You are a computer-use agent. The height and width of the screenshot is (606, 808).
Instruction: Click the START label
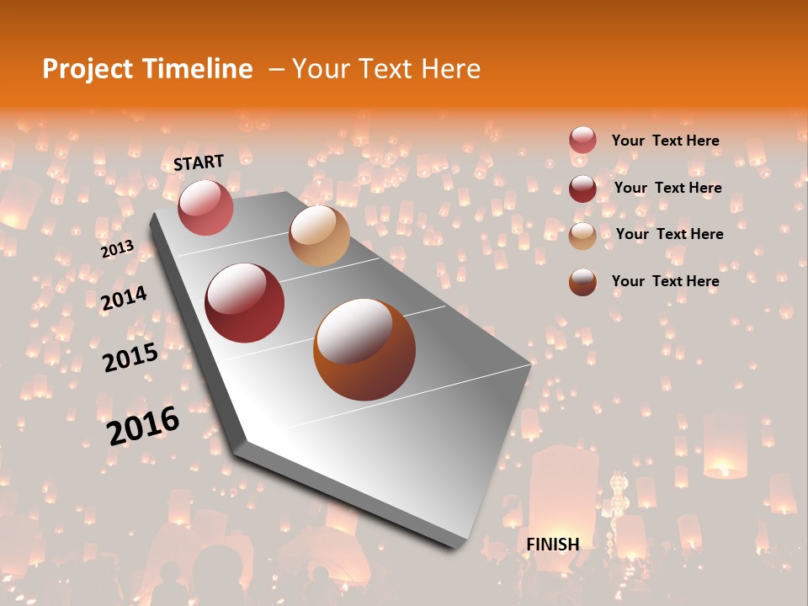coord(199,162)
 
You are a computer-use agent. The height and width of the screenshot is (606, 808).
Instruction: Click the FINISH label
coord(553,544)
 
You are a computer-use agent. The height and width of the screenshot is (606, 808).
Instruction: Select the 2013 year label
coord(117,249)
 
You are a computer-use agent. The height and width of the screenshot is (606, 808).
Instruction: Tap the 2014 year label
coord(124,299)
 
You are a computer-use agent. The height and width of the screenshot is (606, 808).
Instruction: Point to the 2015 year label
coord(130,358)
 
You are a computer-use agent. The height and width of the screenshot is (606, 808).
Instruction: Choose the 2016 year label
coord(143,425)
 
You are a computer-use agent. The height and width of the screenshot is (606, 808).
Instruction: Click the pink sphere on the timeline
coord(205,207)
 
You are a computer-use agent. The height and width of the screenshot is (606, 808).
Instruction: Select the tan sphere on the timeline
coord(319,236)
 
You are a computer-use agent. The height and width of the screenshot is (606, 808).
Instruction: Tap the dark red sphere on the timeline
coord(245,303)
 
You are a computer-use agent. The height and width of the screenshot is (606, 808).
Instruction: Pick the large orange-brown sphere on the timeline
coord(364,349)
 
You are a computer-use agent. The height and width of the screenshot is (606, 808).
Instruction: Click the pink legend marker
coord(582,141)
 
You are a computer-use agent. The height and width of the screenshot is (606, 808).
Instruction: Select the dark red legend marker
coord(582,189)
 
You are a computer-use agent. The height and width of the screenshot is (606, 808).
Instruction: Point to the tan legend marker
coord(582,236)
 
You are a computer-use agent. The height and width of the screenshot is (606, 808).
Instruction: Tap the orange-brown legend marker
coord(582,282)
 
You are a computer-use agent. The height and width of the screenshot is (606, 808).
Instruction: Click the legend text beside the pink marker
coord(665,141)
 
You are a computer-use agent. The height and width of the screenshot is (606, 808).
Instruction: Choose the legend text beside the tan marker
coord(669,234)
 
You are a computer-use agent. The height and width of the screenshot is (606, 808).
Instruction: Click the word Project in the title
coord(87,69)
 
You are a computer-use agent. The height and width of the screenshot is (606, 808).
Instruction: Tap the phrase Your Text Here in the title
coord(386,69)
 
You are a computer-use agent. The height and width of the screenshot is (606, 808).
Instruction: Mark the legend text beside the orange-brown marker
coord(665,281)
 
